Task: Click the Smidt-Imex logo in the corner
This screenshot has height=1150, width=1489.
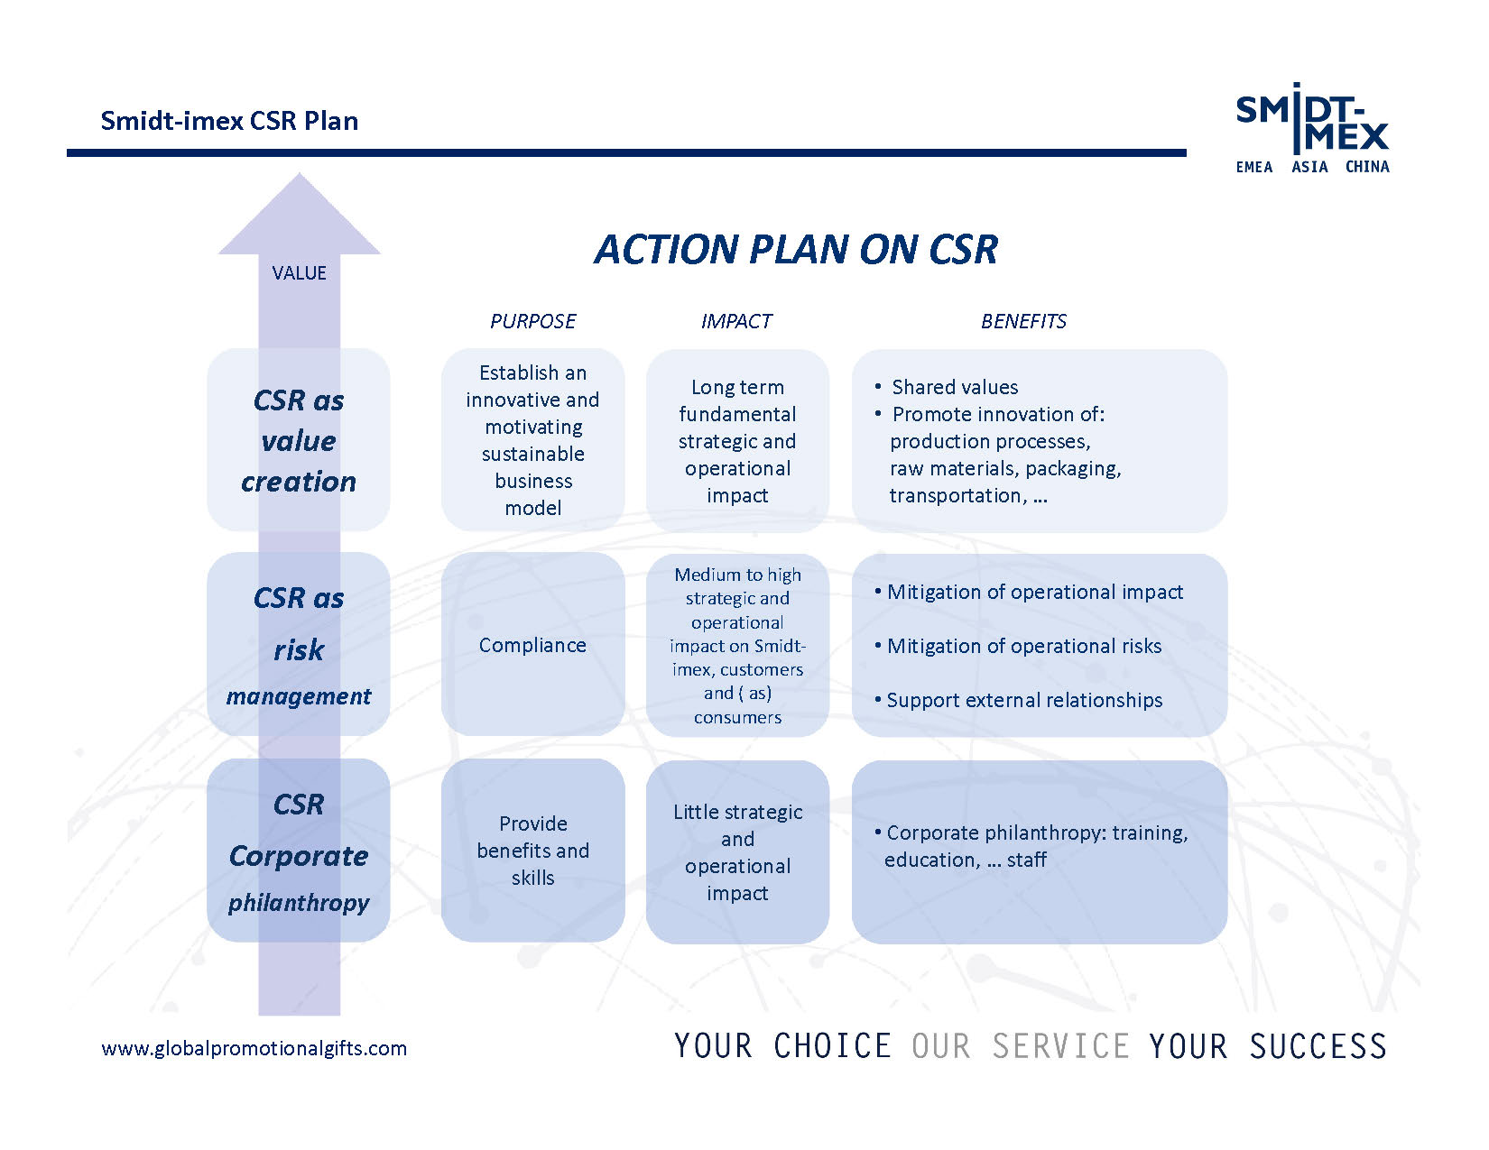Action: tap(1311, 129)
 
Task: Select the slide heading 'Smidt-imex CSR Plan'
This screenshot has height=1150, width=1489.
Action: tap(229, 121)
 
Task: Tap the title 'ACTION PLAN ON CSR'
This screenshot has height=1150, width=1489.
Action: tap(796, 249)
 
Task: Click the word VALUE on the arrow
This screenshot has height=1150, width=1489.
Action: tap(299, 272)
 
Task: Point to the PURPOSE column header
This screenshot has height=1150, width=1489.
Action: tap(532, 321)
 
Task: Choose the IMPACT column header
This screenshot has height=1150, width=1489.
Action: tap(736, 321)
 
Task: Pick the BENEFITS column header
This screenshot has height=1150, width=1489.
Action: tap(1023, 321)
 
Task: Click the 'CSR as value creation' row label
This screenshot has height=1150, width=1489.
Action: tap(299, 440)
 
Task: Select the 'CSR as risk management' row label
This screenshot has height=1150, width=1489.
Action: tap(299, 645)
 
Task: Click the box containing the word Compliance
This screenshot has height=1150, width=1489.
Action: tap(532, 645)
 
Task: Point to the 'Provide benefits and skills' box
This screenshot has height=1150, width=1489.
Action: tap(532, 850)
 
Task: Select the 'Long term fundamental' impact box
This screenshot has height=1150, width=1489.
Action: tap(737, 440)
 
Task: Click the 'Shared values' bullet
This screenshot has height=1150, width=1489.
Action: tap(947, 387)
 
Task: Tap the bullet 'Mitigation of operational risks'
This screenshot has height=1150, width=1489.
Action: tap(1018, 646)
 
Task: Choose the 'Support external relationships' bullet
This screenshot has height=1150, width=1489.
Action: tap(1018, 700)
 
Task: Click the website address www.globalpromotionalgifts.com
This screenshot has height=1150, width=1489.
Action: tap(254, 1048)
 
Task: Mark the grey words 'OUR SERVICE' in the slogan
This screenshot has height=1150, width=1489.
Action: tap(1021, 1046)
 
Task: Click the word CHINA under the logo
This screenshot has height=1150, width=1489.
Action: tap(1367, 167)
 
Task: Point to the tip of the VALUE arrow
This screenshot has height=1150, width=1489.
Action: tap(299, 173)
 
